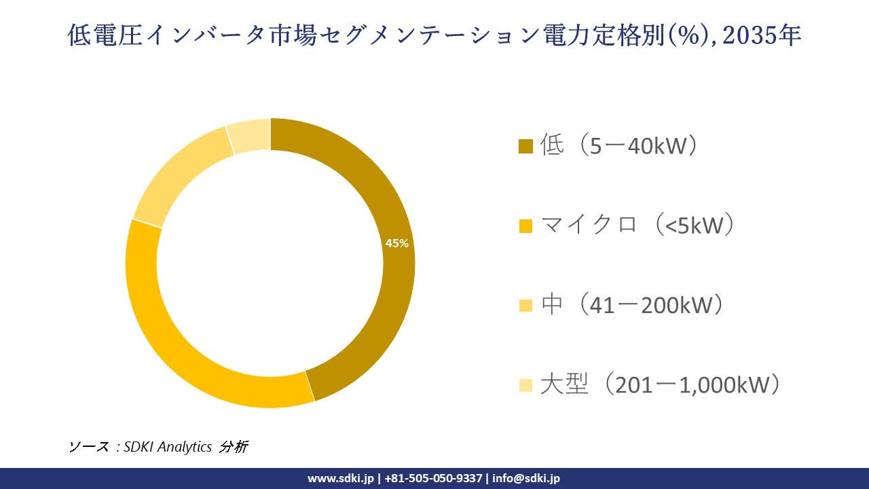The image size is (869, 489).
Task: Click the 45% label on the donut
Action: pos(396,243)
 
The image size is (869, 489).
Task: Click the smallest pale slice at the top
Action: pos(250,134)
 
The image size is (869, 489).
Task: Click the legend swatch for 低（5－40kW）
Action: pos(525,147)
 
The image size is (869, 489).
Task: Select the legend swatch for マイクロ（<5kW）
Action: pos(525,226)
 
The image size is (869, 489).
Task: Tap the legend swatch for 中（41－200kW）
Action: pos(525,306)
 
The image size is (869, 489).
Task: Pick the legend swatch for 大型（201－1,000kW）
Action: pos(525,386)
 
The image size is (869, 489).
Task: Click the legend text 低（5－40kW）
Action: pos(619,146)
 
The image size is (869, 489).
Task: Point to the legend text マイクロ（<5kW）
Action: pos(637,225)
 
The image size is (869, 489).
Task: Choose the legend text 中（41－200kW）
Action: pos(631,305)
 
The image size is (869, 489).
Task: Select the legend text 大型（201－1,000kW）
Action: pos(659,385)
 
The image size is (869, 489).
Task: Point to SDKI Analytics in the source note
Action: pos(168,447)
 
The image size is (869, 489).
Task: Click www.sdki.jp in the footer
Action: pos(341,478)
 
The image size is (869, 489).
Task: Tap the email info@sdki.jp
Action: pos(526,478)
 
